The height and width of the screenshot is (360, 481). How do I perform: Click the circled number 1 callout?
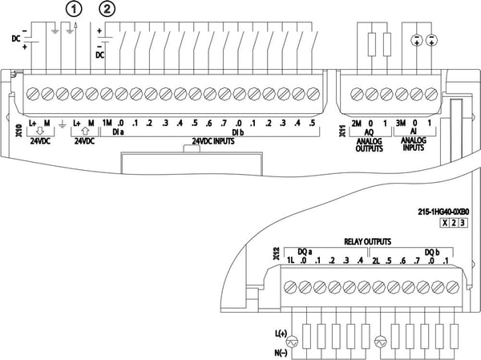[x=75, y=9]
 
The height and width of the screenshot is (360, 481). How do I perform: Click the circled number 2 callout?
[x=107, y=9]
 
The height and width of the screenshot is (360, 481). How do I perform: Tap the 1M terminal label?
[x=107, y=123]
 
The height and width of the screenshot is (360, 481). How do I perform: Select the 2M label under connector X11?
[x=356, y=123]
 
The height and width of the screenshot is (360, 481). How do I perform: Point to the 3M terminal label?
[x=401, y=123]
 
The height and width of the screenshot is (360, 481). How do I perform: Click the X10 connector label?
[x=19, y=130]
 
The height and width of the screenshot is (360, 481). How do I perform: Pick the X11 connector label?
[x=342, y=131]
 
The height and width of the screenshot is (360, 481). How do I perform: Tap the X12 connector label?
[x=277, y=254]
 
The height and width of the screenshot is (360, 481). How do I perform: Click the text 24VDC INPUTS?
[x=213, y=141]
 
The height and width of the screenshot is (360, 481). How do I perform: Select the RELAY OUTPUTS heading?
[x=367, y=241]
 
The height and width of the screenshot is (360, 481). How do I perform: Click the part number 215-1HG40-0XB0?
[x=443, y=212]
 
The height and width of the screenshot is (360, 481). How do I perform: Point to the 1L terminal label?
[x=290, y=261]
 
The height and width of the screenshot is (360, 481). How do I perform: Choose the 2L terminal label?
[x=376, y=261]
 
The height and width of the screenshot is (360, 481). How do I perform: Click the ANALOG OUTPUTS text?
[x=370, y=145]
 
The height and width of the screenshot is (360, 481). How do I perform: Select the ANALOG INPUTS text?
[x=414, y=144]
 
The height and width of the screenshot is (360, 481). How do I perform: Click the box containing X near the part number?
[x=445, y=223]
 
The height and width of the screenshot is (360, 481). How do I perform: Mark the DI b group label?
[x=238, y=132]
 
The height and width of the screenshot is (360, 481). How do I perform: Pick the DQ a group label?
[x=305, y=252]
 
